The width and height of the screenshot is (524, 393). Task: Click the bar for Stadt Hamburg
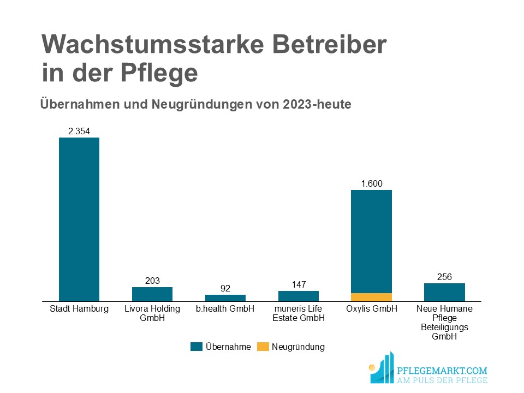(79, 219)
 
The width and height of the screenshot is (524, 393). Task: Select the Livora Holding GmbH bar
(152, 294)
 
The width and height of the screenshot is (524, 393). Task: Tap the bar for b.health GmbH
(225, 298)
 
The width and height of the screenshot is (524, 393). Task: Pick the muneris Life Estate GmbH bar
(299, 296)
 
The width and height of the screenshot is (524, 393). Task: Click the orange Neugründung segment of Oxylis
(371, 297)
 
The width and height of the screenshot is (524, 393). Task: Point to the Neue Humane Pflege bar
(444, 292)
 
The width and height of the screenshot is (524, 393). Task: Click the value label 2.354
(79, 131)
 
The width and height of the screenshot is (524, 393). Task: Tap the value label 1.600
(371, 183)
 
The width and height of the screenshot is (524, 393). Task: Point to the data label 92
(225, 288)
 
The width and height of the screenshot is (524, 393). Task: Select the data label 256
(444, 277)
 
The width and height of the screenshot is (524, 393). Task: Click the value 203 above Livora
(152, 281)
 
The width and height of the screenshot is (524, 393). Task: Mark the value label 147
(299, 284)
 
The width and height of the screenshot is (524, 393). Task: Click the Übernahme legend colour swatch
(196, 347)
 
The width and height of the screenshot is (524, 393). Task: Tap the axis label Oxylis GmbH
(371, 309)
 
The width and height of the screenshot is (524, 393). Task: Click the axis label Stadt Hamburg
(79, 309)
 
